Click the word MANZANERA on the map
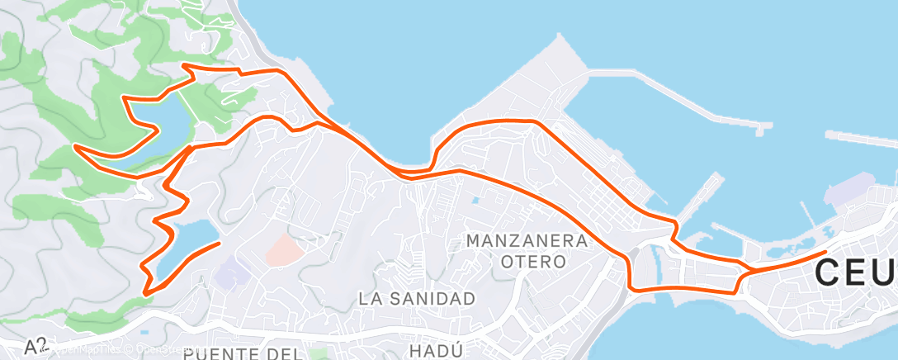[x=527, y=241]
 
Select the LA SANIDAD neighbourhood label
[x=417, y=299]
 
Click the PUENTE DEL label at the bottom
[x=241, y=354]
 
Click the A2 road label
[x=35, y=347]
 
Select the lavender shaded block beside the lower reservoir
[x=232, y=273]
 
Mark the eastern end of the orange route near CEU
[x=826, y=251]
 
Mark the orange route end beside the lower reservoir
[x=219, y=244]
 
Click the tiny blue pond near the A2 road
[x=144, y=332]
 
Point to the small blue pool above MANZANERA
[x=475, y=200]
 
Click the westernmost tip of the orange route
[x=75, y=146]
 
